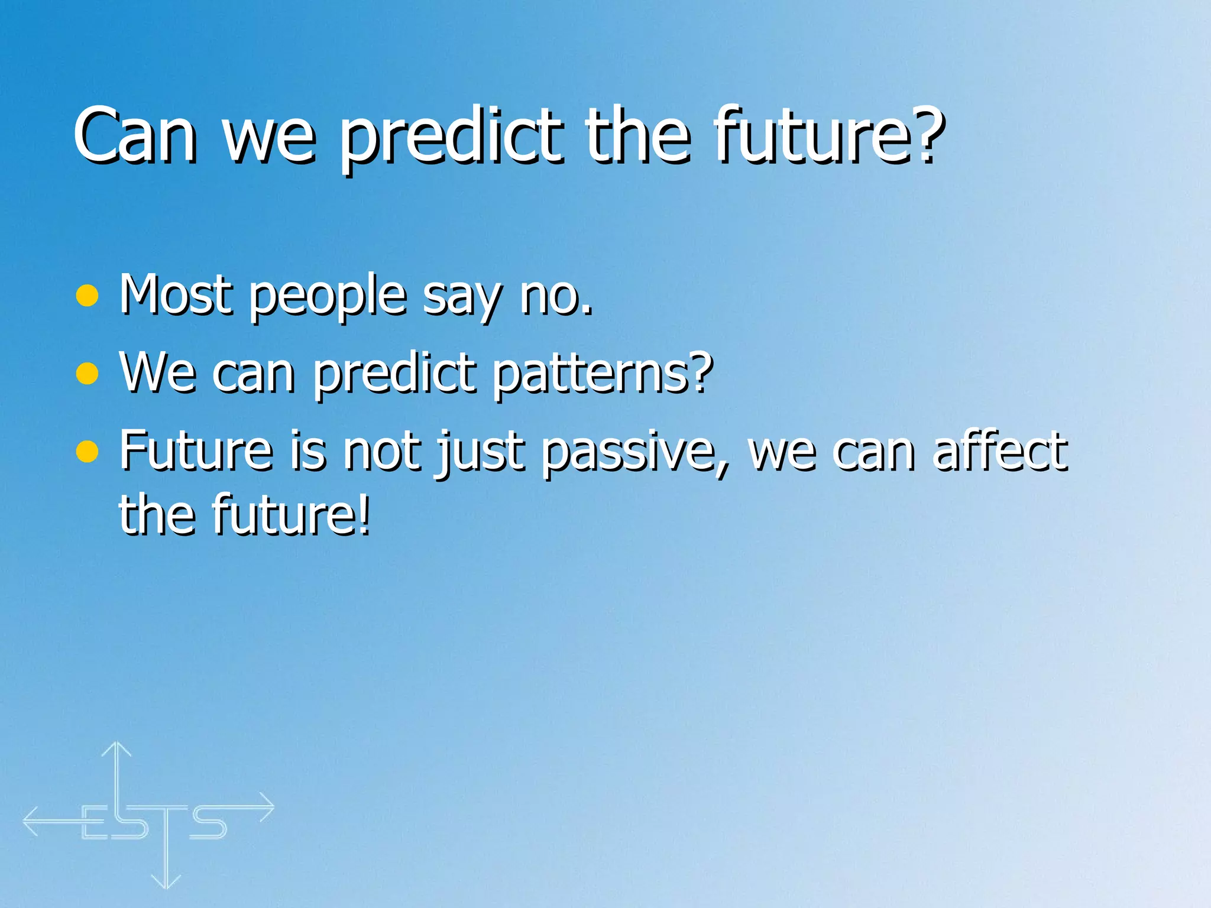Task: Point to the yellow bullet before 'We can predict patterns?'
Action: pos(88,373)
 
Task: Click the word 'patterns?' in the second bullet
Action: pos(603,374)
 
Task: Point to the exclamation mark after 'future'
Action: pos(364,514)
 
